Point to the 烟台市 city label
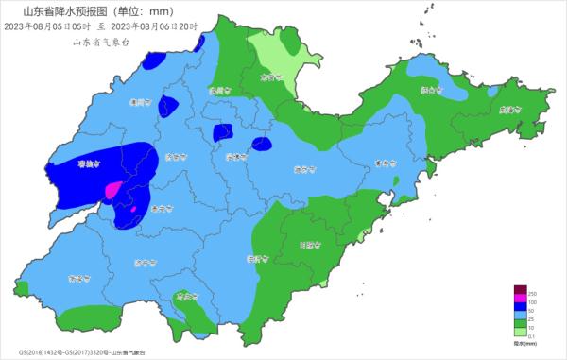click(432, 90)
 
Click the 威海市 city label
click(511, 110)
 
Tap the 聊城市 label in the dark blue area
click(88, 163)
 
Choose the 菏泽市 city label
click(77, 279)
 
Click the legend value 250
click(532, 291)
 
